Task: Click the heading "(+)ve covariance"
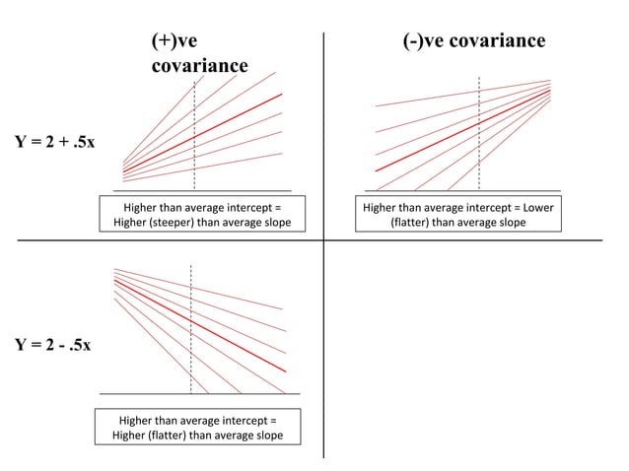pyautogui.click(x=198, y=53)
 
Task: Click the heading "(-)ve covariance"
pyautogui.click(x=473, y=40)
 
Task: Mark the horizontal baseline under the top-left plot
pyautogui.click(x=202, y=190)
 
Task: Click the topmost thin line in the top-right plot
pyautogui.click(x=463, y=94)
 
